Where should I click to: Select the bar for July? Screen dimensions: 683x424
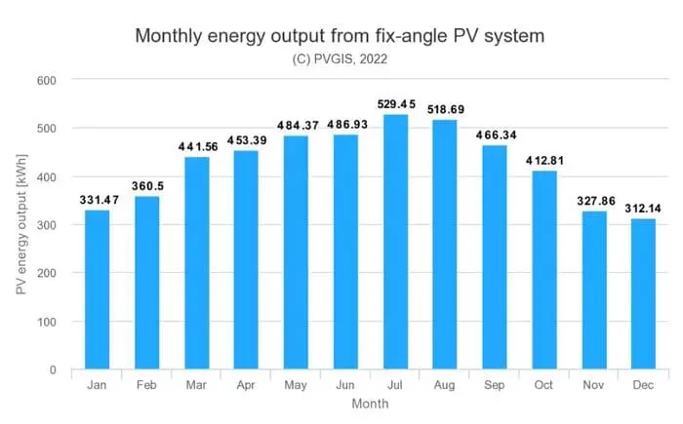point(395,242)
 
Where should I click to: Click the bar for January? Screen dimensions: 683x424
point(97,289)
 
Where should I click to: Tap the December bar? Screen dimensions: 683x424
point(643,294)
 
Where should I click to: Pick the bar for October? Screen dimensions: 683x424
point(544,270)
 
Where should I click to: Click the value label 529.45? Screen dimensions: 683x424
point(396,104)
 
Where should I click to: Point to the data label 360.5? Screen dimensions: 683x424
point(147,186)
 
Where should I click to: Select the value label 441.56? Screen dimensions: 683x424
point(198,147)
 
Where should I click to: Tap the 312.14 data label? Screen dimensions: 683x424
point(643,209)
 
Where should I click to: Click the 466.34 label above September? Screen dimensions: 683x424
point(496,135)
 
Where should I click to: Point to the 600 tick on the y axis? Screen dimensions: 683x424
point(47,81)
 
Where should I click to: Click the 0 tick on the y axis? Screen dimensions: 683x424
point(53,370)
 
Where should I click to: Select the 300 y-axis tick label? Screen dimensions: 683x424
point(47,225)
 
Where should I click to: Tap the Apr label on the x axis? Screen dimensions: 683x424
point(246,385)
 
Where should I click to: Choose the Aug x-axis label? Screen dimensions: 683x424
point(444,385)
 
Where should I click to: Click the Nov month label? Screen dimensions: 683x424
point(593,385)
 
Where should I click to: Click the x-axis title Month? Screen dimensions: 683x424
point(370,404)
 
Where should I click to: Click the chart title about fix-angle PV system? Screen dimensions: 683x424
point(340,36)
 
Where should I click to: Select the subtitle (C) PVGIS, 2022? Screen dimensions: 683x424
point(340,59)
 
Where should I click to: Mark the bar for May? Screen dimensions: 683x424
point(296,252)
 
